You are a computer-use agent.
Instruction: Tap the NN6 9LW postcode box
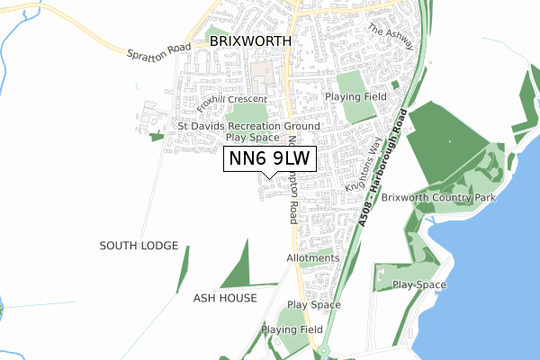pos(269,158)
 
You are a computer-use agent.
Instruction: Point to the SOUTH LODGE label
pos(139,246)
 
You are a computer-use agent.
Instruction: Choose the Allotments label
pos(313,258)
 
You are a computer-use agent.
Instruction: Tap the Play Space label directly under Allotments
pos(313,305)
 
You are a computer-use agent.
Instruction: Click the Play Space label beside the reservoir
pos(419,285)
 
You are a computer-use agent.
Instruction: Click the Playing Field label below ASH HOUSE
pos(292,330)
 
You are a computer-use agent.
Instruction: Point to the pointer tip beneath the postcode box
pos(269,176)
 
